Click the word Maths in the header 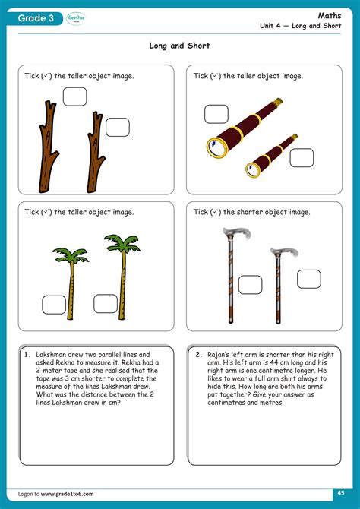point(339,15)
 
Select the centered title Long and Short point(179,46)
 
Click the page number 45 point(341,493)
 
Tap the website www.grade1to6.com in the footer point(68,494)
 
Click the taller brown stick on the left point(47,147)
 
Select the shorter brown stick point(96,152)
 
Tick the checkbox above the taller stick point(74,96)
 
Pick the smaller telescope point(271,155)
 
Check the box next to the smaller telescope point(301,157)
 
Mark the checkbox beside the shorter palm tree point(54,305)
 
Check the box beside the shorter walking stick point(309,279)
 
